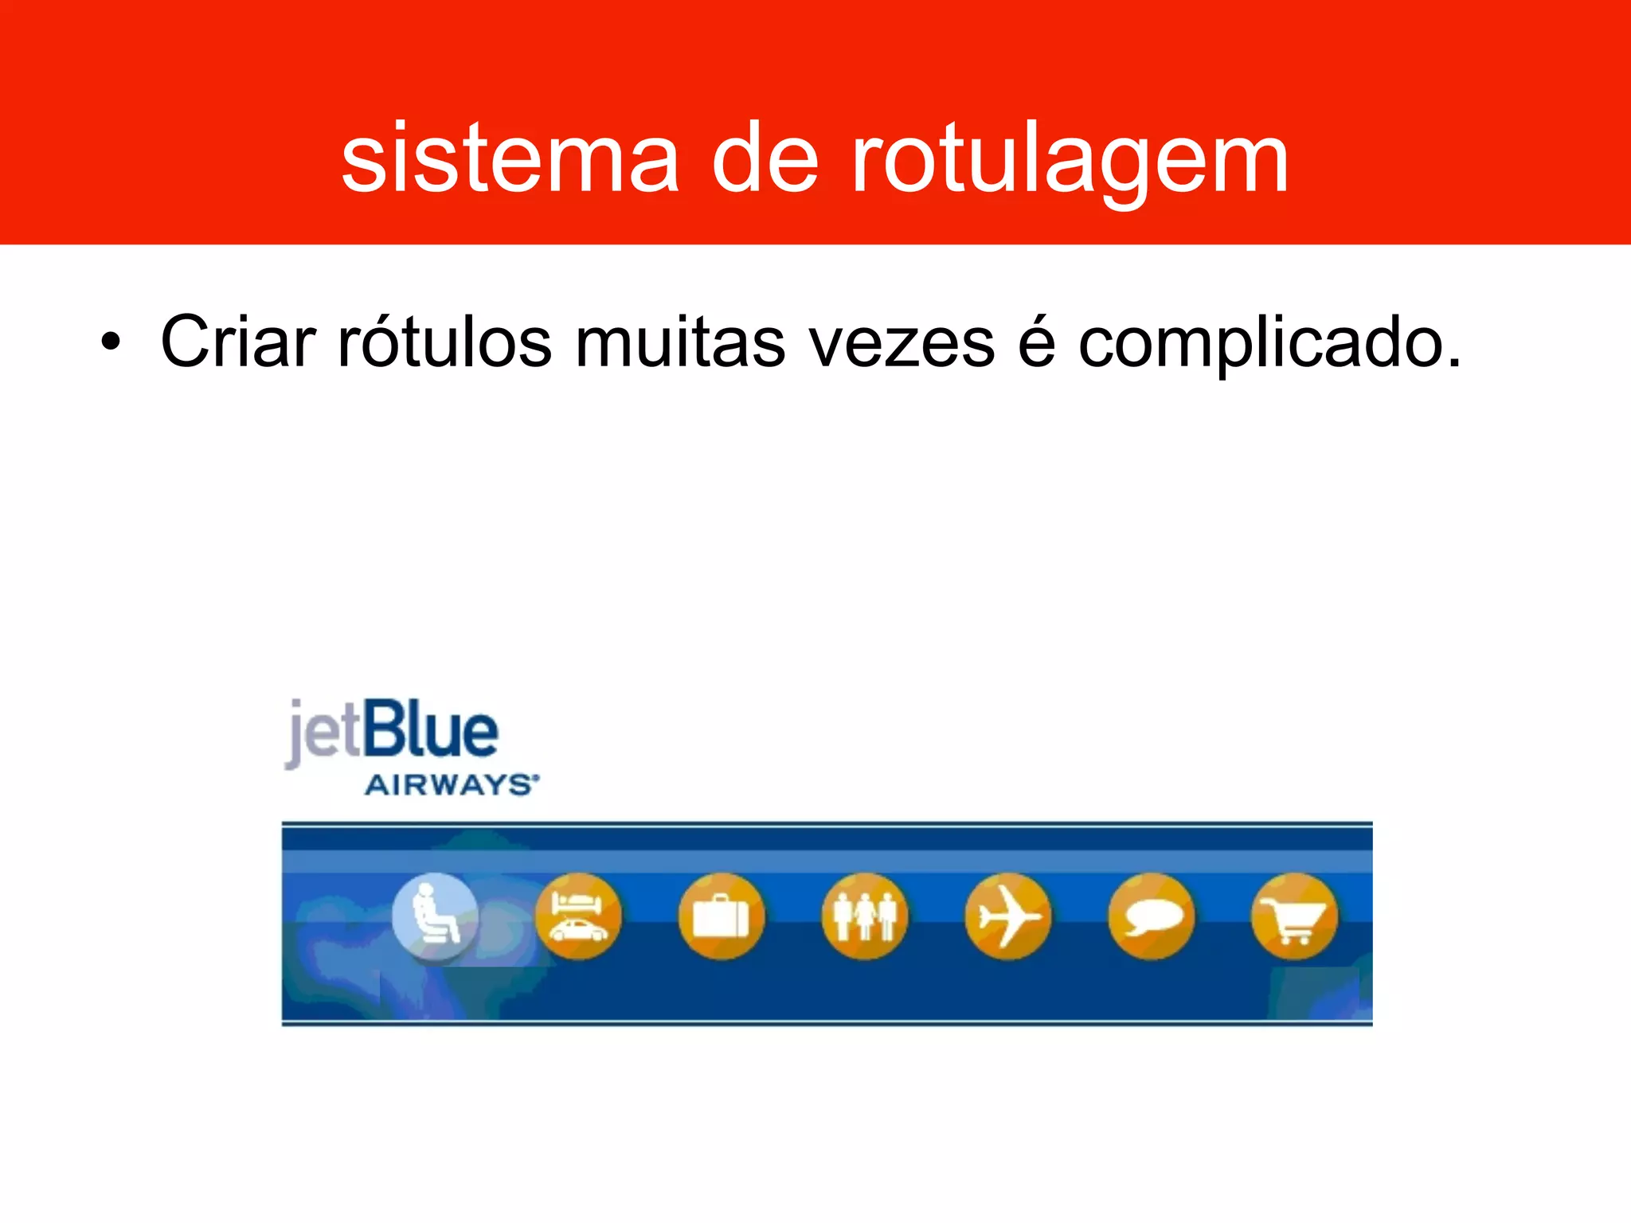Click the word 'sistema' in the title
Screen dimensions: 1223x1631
[510, 159]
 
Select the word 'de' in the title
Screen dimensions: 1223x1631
[765, 159]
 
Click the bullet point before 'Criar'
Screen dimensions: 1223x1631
[111, 343]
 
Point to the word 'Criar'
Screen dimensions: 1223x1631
[238, 342]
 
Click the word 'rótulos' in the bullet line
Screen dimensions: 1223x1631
[444, 342]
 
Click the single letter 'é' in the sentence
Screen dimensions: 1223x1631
[1036, 342]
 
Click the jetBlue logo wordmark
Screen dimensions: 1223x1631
[392, 732]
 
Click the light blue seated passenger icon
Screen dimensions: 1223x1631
[435, 916]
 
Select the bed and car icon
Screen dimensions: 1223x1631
[578, 916]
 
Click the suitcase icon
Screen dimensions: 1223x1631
[722, 916]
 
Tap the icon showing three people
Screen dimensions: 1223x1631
[865, 916]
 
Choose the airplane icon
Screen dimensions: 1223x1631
[1008, 916]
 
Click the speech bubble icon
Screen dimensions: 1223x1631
[1152, 916]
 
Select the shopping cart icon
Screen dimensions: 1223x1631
[1295, 916]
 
